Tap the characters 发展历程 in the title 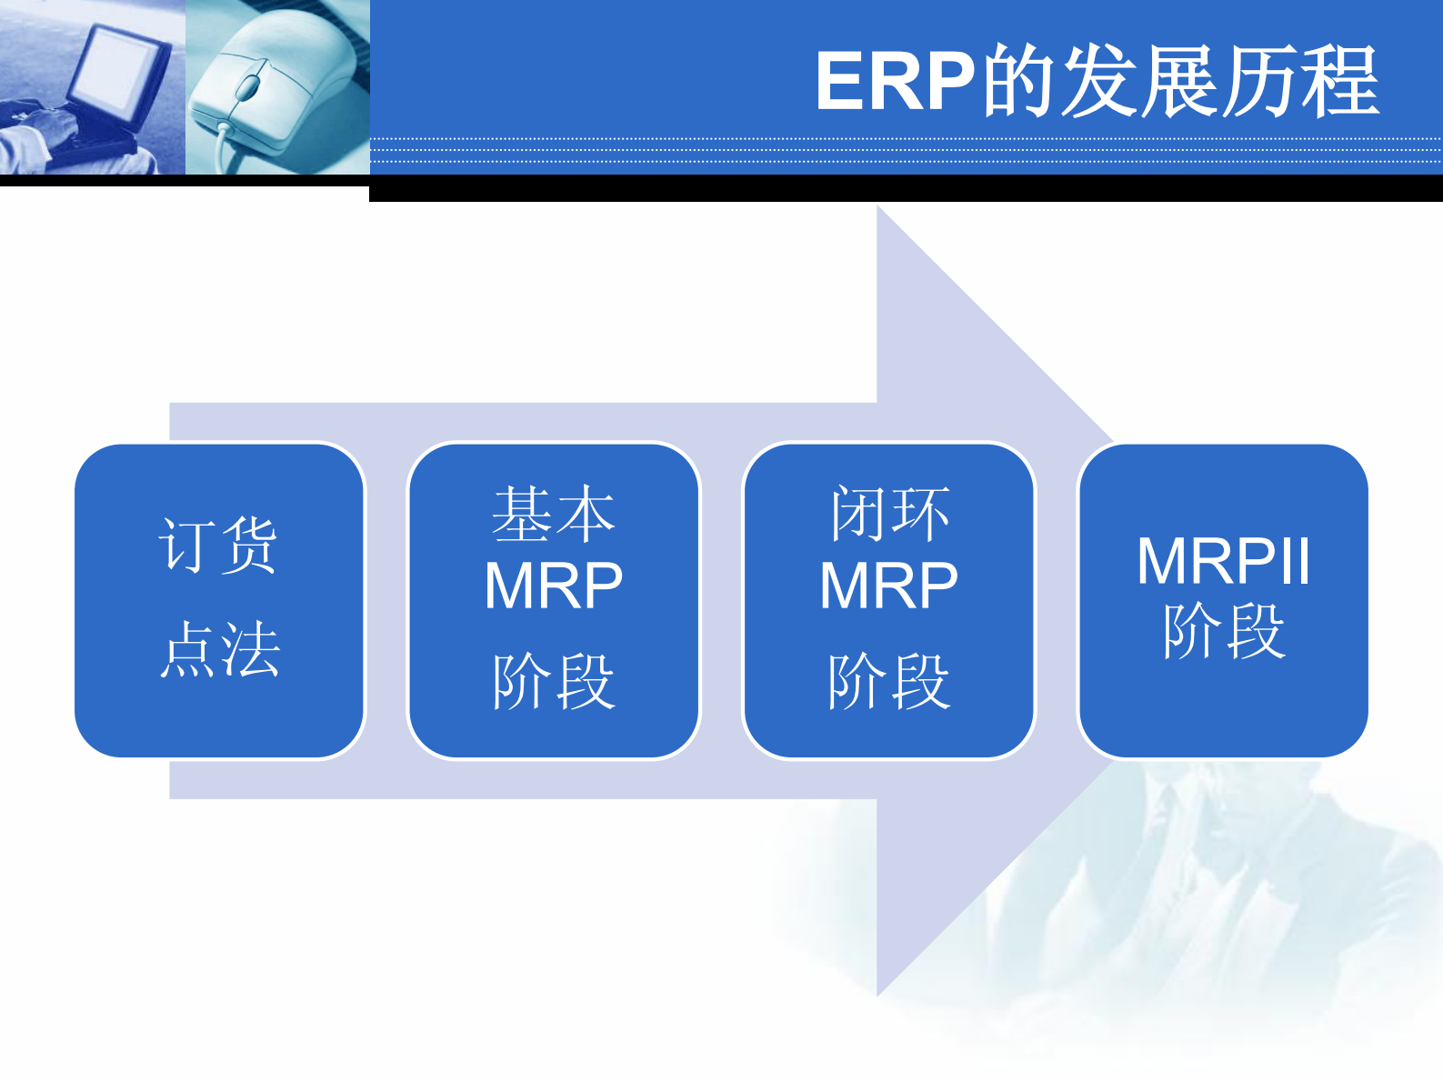(x=1220, y=82)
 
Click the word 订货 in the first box (x=218, y=545)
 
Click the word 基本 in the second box (x=553, y=515)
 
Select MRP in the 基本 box (x=553, y=586)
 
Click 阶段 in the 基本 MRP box (x=553, y=681)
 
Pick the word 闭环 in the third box (x=888, y=515)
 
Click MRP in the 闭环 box (x=888, y=586)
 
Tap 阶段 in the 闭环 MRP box (x=888, y=681)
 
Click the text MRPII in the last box (x=1223, y=561)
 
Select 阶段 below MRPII (x=1223, y=631)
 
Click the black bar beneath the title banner (x=905, y=188)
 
